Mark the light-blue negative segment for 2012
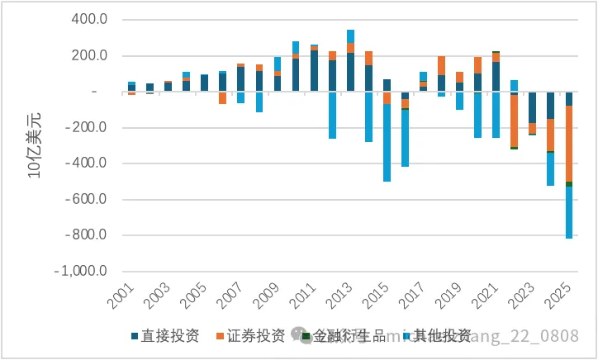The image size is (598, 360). tap(332, 115)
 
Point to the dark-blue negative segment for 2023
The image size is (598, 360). tap(532, 107)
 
